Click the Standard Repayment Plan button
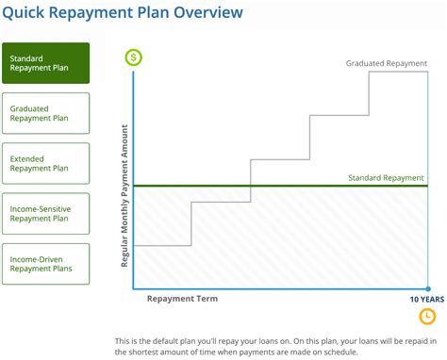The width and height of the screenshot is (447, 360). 46,63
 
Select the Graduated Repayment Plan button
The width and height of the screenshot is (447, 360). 46,113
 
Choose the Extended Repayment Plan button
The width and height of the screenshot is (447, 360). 46,163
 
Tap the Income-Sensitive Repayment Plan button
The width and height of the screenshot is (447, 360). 46,213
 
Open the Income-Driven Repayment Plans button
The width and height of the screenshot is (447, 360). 46,264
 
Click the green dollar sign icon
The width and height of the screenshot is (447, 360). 134,57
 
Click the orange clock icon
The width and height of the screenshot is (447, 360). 426,315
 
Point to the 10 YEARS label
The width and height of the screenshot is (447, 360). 425,298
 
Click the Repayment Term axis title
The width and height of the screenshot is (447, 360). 182,298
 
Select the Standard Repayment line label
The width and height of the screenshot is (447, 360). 386,177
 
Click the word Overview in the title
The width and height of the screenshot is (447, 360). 206,13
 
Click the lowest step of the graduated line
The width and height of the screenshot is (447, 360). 163,246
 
